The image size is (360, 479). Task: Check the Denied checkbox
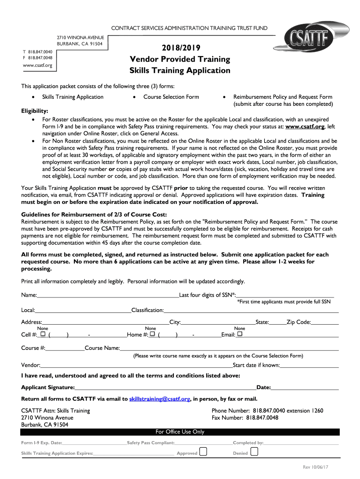tap(254, 452)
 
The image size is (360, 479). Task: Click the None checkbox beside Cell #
tap(43, 334)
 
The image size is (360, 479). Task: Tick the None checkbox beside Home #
tap(152, 334)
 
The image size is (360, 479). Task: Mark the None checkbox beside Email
tap(240, 334)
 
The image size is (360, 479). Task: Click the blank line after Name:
tap(108, 296)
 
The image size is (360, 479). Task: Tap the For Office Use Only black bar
tap(180, 432)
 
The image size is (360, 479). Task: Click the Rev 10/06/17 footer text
tap(316, 467)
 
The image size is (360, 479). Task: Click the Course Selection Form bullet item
tap(171, 97)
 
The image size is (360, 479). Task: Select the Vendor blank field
tap(136, 365)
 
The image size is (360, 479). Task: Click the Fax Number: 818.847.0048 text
tap(245, 418)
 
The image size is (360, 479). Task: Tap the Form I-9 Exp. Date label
tap(42, 443)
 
